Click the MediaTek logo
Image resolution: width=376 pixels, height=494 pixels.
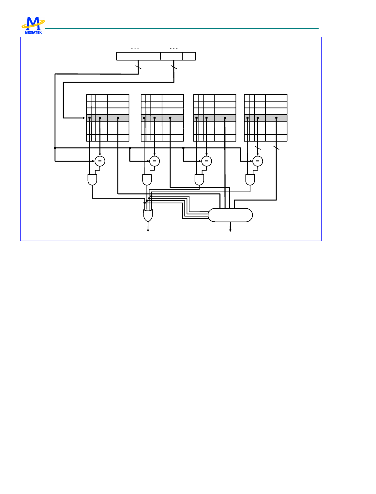coord(33,25)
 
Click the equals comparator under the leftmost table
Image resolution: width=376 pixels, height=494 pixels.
coord(100,161)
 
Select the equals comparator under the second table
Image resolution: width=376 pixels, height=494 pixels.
coord(155,161)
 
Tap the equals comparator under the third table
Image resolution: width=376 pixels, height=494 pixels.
coord(206,161)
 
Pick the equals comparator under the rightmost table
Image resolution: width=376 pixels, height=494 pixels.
coord(258,161)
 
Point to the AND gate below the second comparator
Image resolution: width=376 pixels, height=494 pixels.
coord(147,180)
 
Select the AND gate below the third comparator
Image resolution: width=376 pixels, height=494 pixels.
coord(199,180)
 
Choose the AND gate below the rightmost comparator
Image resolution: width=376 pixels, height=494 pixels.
coord(250,180)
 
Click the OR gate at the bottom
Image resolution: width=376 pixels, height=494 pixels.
coord(148,215)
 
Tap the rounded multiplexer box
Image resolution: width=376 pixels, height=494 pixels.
coord(230,215)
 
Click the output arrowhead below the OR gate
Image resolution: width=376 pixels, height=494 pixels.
coord(148,230)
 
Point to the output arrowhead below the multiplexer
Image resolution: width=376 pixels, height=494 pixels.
coord(230,230)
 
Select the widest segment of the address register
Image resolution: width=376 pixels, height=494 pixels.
coord(138,56)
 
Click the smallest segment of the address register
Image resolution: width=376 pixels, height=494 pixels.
coord(189,56)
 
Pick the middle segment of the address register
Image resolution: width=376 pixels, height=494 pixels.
coord(171,56)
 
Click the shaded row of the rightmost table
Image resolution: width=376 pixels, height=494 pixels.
coord(266,118)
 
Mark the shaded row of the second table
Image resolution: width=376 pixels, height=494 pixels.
coord(162,118)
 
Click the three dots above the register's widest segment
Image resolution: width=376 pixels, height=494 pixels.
coord(135,49)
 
